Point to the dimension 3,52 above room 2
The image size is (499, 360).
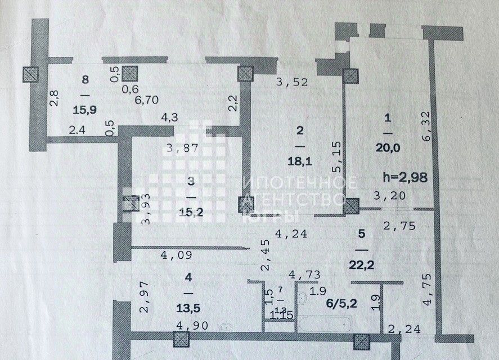[295, 83]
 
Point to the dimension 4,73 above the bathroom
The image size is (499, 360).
[304, 274]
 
